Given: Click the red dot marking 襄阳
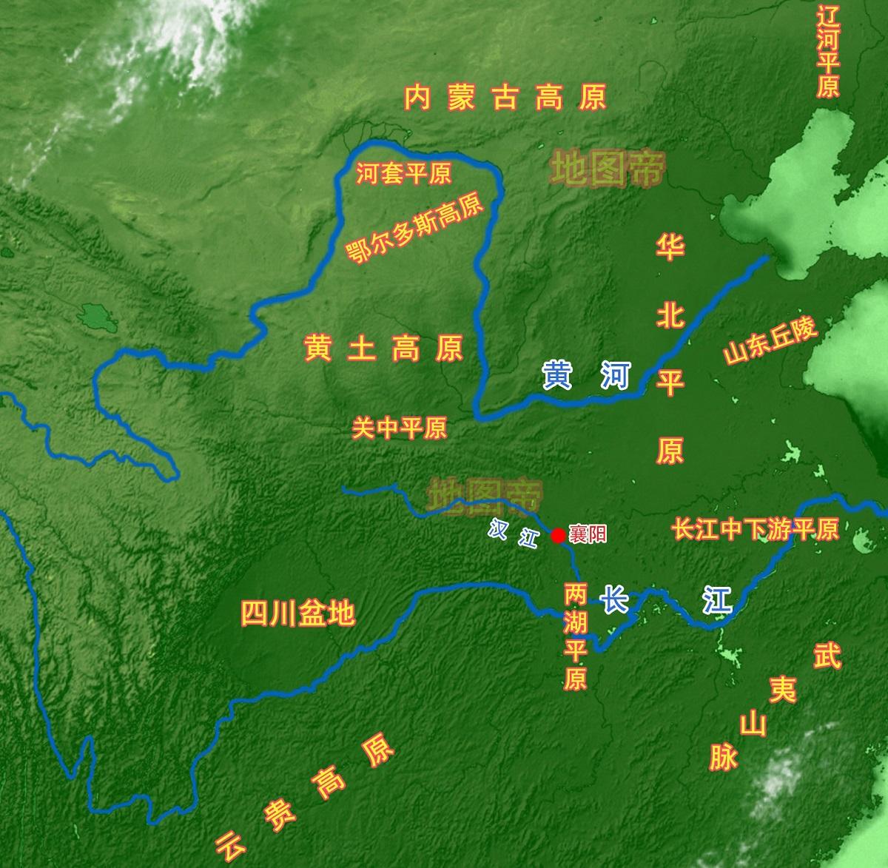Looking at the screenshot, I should coord(559,535).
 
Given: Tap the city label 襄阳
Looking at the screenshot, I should coord(588,534).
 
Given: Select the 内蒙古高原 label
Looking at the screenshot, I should coord(505,98).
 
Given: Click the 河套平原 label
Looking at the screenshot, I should coord(403,175).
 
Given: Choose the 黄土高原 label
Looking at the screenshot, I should coord(383,348).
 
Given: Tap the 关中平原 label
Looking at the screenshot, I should coord(400,428).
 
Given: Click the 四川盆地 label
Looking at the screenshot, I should coord(298,613).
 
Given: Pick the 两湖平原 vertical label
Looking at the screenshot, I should coord(576,635).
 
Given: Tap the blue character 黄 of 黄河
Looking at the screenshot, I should coord(557,375).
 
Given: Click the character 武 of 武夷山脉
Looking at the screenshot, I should coord(827,656).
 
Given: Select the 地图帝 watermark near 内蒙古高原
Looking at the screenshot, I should coord(607,169).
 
